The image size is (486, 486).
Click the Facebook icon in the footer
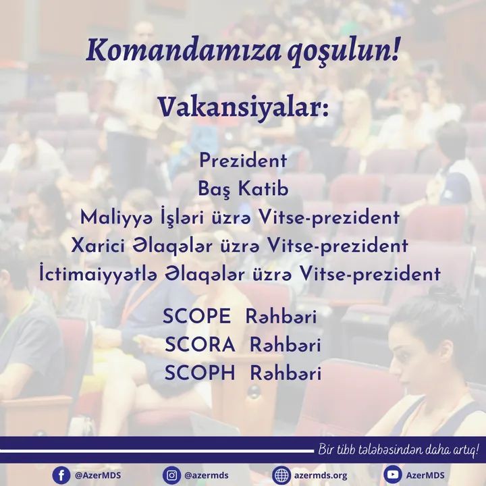pyautogui.click(x=61, y=475)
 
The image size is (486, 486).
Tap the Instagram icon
pyautogui.click(x=171, y=475)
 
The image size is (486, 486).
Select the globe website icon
pyautogui.click(x=281, y=475)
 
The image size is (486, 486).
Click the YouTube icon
pyautogui.click(x=393, y=475)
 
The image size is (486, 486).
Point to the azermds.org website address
pyautogui.click(x=321, y=475)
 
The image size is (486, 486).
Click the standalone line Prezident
pyautogui.click(x=243, y=161)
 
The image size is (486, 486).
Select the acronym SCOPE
pyautogui.click(x=197, y=317)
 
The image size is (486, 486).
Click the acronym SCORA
pyautogui.click(x=200, y=345)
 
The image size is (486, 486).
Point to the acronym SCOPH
pyautogui.click(x=200, y=373)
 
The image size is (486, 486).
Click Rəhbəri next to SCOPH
pyautogui.click(x=286, y=373)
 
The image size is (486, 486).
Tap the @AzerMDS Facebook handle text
pyautogui.click(x=98, y=475)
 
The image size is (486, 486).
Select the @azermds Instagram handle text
pyautogui.click(x=207, y=475)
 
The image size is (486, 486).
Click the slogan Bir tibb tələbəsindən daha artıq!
pyautogui.click(x=399, y=450)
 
